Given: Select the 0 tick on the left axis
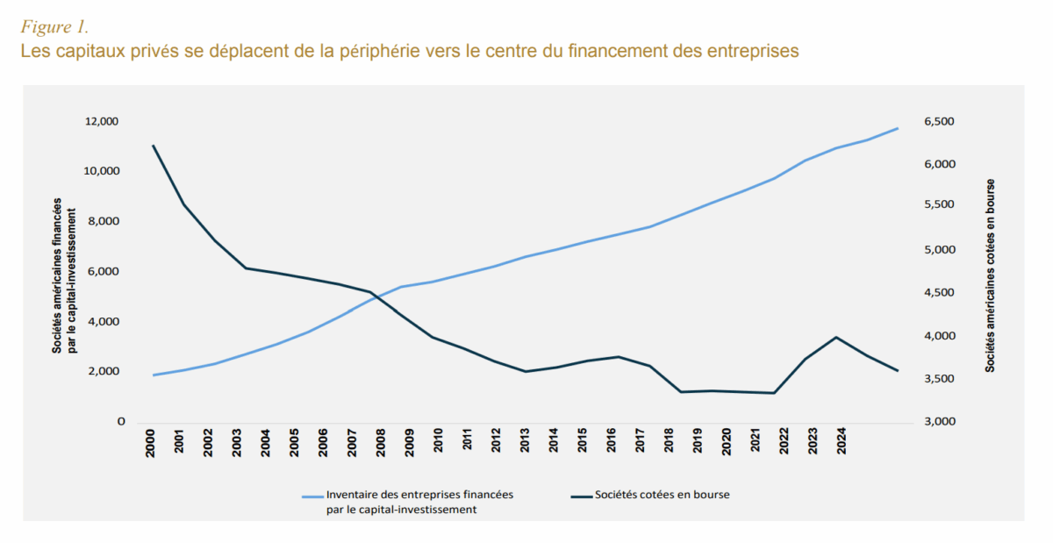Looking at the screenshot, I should pyautogui.click(x=121, y=422).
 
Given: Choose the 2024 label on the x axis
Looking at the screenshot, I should pyautogui.click(x=841, y=444).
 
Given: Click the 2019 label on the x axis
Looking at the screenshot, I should pyautogui.click(x=698, y=444).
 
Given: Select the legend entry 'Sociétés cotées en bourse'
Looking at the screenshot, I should pyautogui.click(x=662, y=495).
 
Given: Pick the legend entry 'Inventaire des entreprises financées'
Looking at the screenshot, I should pyautogui.click(x=419, y=495).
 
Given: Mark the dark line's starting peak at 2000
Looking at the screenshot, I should pyautogui.click(x=154, y=146).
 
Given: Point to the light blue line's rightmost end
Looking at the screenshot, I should pyautogui.click(x=898, y=128).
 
